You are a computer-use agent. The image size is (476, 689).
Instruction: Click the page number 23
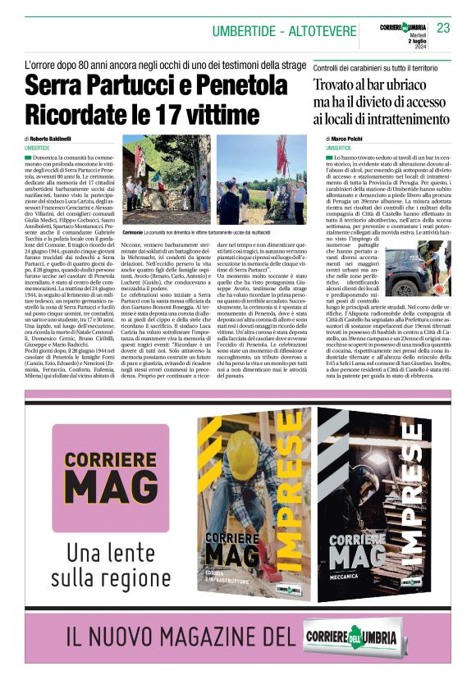444,29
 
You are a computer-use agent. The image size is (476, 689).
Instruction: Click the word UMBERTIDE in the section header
245,31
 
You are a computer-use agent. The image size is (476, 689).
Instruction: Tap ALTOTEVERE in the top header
316,31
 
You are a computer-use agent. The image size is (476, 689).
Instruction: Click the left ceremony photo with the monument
167,181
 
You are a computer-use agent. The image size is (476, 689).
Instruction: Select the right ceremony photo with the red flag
261,181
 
